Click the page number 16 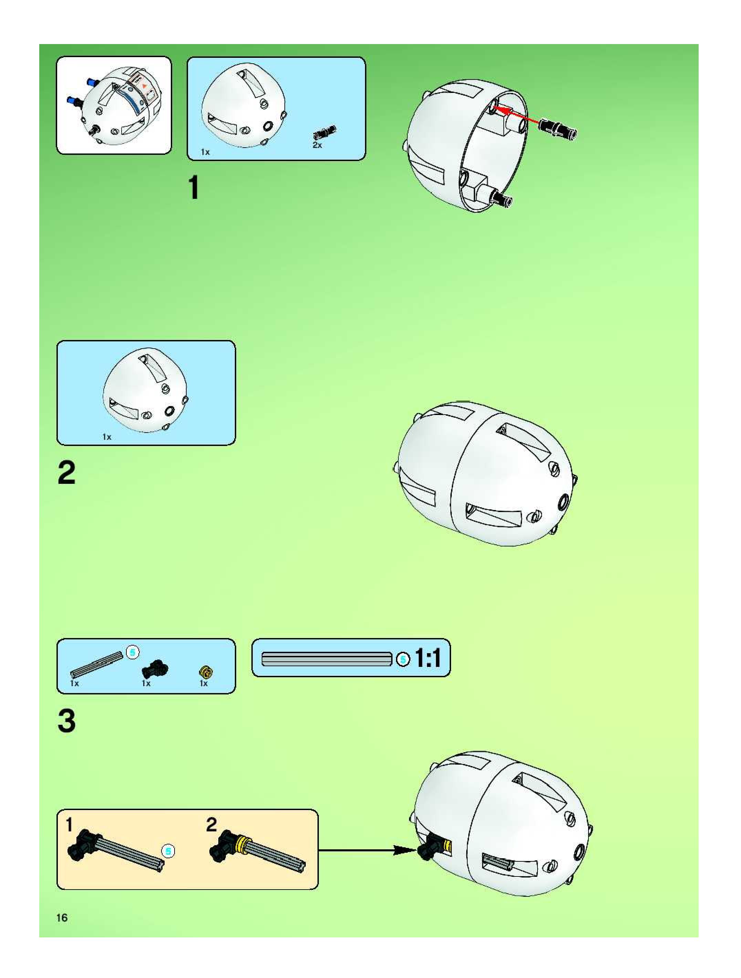click(62, 917)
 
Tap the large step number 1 click(194, 188)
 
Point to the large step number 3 click(67, 721)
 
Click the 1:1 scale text click(428, 658)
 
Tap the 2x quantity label click(317, 145)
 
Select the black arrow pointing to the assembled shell click(367, 850)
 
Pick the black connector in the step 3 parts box click(154, 669)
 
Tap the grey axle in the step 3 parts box click(96, 664)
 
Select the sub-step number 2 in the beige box click(211, 825)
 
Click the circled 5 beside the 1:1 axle click(402, 659)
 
